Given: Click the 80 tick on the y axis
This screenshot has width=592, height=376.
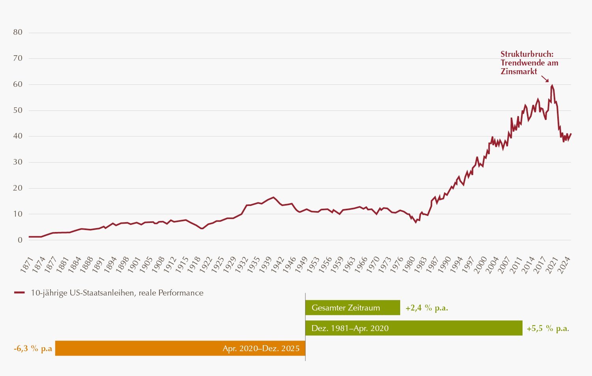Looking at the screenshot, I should click(x=18, y=32).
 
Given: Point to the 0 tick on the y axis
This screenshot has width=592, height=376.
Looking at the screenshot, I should click(x=20, y=240).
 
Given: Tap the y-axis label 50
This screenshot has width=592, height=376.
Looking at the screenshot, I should click(x=18, y=110).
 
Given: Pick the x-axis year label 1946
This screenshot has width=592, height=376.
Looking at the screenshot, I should click(x=290, y=264).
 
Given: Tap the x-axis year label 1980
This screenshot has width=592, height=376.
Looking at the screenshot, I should click(x=410, y=264).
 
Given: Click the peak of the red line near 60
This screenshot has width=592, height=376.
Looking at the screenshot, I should click(x=552, y=85).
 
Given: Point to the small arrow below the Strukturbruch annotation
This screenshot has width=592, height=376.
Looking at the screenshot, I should click(x=545, y=79).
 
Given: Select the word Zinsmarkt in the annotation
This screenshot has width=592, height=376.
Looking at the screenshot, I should click(x=519, y=71).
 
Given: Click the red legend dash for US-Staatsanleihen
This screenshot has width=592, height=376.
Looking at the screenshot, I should click(x=19, y=293).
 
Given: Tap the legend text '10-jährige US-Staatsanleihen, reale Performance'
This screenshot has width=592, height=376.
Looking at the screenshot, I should click(x=117, y=293).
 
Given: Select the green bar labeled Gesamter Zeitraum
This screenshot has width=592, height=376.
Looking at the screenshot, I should click(x=352, y=308).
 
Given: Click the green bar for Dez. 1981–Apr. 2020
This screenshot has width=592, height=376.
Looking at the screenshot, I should click(x=414, y=328).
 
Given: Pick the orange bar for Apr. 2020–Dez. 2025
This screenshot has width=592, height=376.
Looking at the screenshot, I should click(x=180, y=348).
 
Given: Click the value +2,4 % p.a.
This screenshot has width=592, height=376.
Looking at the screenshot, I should click(x=427, y=308).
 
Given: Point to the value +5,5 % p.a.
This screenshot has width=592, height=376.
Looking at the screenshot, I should click(x=548, y=328).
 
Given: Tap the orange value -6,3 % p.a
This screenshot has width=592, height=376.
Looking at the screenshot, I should click(x=33, y=348).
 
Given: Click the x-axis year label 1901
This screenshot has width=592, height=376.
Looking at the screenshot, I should click(x=134, y=264).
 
